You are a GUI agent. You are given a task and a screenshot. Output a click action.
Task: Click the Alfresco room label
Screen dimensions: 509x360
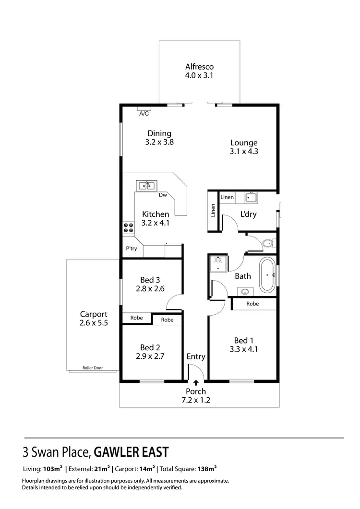click(x=199, y=67)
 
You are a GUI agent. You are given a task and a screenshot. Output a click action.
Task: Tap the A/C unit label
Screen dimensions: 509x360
click(x=144, y=114)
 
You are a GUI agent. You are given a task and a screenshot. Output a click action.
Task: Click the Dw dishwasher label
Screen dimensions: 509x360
click(x=163, y=195)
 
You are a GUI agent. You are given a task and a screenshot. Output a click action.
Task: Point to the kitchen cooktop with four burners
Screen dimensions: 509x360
click(x=128, y=227)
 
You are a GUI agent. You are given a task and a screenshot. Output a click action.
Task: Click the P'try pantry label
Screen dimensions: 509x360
click(x=132, y=249)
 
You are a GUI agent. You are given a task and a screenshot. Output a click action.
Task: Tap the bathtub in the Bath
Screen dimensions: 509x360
click(x=267, y=275)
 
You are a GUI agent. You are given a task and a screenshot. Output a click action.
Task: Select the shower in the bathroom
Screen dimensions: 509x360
click(x=218, y=263)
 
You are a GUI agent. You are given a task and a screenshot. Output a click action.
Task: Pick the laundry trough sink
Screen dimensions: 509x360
click(x=251, y=198)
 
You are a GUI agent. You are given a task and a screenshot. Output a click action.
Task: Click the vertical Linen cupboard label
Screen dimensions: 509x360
click(x=213, y=210)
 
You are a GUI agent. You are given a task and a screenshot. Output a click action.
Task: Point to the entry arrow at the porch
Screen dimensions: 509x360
click(x=196, y=382)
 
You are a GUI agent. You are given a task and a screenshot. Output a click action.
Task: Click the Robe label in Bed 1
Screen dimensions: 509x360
click(x=253, y=304)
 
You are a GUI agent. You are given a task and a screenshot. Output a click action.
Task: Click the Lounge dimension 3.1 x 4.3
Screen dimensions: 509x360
click(x=244, y=151)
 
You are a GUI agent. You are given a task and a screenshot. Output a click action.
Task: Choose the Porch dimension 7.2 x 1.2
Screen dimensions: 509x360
click(x=196, y=400)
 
